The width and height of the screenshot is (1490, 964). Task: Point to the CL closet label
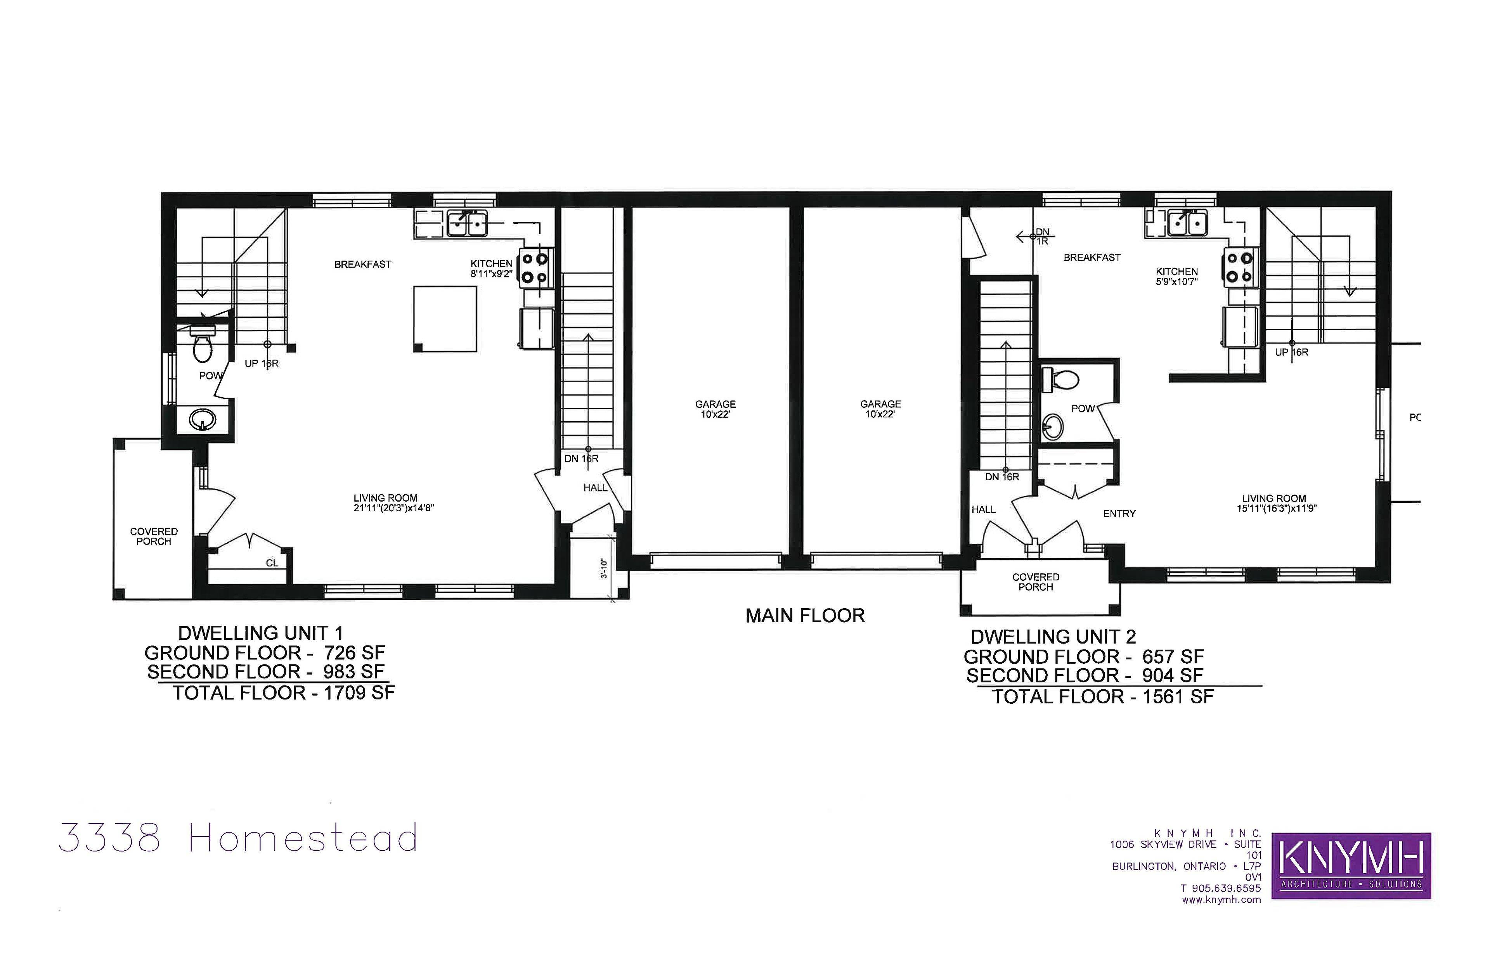272,563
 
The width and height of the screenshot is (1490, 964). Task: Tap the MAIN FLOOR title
805,616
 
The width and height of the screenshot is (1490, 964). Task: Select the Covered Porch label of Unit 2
1036,582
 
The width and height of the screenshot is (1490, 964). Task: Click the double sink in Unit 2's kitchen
1187,223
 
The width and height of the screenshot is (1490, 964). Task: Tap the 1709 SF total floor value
359,693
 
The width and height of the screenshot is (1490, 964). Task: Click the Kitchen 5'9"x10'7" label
1177,277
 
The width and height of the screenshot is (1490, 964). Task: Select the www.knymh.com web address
1221,900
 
